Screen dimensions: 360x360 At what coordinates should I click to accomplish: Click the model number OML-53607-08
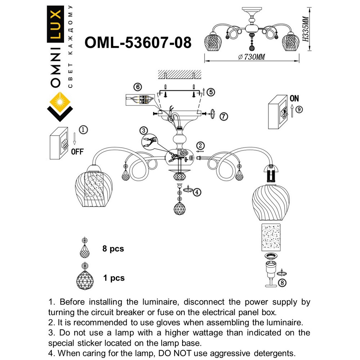click(138, 42)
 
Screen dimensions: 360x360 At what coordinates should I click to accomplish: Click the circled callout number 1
click(83, 129)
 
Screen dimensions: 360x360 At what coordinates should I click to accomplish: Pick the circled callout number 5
click(211, 92)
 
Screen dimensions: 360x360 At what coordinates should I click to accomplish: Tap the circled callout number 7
click(224, 116)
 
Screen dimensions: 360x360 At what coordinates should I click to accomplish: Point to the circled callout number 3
click(144, 130)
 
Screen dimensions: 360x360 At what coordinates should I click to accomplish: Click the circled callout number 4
click(197, 192)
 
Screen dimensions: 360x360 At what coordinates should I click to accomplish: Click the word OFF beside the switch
click(77, 152)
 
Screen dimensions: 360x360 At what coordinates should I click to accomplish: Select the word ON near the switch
click(294, 98)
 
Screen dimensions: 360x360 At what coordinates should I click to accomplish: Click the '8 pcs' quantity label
click(113, 249)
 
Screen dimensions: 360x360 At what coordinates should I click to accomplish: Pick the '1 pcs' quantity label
click(113, 278)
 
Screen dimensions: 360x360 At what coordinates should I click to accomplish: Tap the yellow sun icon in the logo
click(60, 102)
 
